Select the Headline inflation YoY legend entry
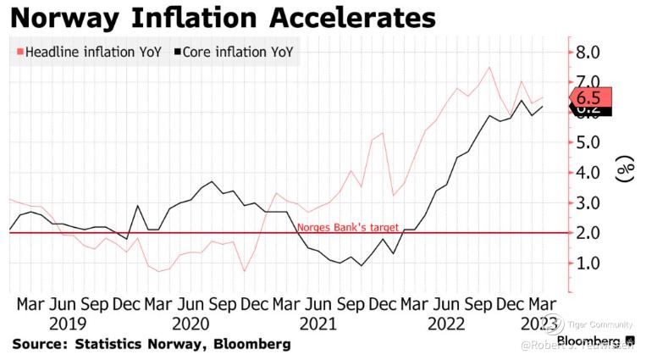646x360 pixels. (x=90, y=52)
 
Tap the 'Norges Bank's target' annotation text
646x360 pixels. (x=347, y=227)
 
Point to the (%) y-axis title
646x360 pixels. (x=626, y=172)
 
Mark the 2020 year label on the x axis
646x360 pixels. (x=190, y=323)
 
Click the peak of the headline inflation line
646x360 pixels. (x=489, y=67)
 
